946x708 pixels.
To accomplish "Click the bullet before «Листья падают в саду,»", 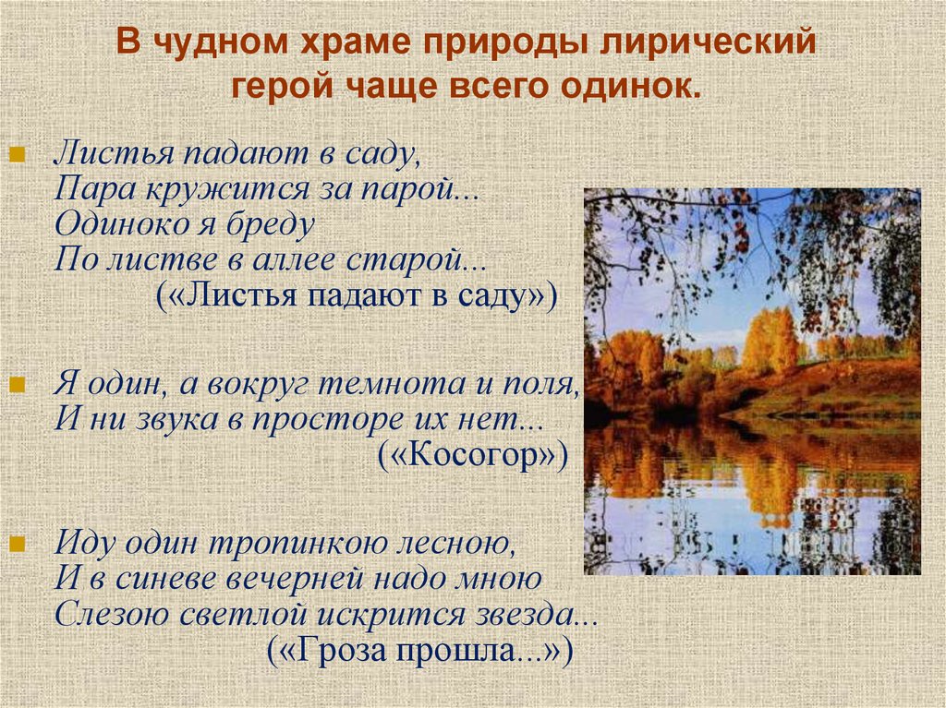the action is tap(17, 155).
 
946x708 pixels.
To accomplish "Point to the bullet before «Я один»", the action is tap(17, 384).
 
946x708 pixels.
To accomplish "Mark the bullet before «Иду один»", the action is tap(17, 544).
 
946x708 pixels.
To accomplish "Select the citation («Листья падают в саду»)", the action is tap(356, 296).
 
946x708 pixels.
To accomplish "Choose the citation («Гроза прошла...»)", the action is tap(420, 652).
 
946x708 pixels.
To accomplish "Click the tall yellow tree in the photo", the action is tap(770, 342).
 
